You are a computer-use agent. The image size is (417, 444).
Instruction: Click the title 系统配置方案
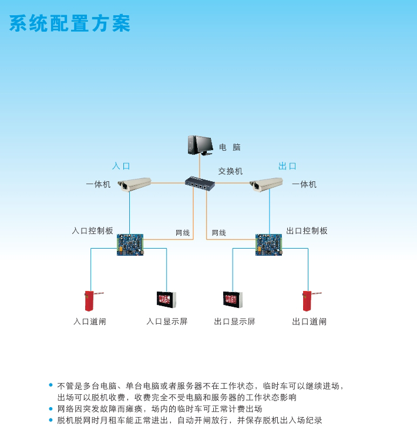pos(70,24)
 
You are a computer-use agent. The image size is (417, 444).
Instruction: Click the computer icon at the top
pos(200,144)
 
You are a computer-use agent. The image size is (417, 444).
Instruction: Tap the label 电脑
pos(230,147)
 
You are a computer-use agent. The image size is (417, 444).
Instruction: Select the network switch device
pos(200,183)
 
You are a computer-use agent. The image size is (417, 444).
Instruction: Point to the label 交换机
pos(230,171)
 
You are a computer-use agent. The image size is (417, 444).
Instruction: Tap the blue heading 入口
pos(121,166)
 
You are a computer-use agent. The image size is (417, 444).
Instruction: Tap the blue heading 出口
pos(287,166)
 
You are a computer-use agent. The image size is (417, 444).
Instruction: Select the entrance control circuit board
pos(130,245)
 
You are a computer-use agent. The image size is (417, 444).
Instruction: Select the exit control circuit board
pos(268,245)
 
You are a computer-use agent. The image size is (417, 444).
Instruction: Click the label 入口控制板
pos(92,231)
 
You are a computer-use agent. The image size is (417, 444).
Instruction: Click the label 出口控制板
pos(307,231)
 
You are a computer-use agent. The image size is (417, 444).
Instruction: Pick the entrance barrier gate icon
pos(92,300)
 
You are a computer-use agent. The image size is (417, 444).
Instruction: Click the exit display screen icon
pos(233,299)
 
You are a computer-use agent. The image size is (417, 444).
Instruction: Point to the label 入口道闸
pos(90,321)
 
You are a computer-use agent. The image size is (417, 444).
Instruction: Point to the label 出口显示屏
pos(234,321)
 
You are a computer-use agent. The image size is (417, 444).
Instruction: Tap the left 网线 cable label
pos(183,233)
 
